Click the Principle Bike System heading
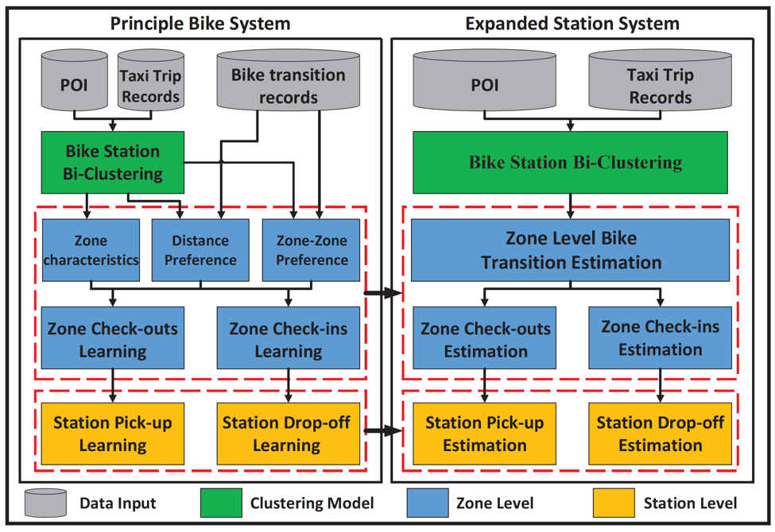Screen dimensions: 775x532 200,24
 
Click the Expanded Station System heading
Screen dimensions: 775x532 572,24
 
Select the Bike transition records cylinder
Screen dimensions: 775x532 289,79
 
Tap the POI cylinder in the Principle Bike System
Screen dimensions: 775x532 74,80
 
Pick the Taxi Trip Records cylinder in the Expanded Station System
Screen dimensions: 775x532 661,79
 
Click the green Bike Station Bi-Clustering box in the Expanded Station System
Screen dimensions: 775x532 571,162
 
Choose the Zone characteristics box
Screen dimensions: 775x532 91,250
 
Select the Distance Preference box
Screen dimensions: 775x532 200,250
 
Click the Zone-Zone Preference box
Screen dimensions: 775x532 311,250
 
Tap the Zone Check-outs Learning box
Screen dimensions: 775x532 113,338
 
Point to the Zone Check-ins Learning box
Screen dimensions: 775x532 289,338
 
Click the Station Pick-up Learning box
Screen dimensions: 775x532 113,434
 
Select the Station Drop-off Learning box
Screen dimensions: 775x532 289,434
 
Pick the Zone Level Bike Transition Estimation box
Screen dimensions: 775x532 571,250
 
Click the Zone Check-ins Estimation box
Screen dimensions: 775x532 660,338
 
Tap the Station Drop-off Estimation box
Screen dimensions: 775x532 660,434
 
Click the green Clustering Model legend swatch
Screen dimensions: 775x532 221,503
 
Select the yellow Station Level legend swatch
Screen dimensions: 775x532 614,503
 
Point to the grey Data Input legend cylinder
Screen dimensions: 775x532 45,503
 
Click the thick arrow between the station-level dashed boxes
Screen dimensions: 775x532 384,431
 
